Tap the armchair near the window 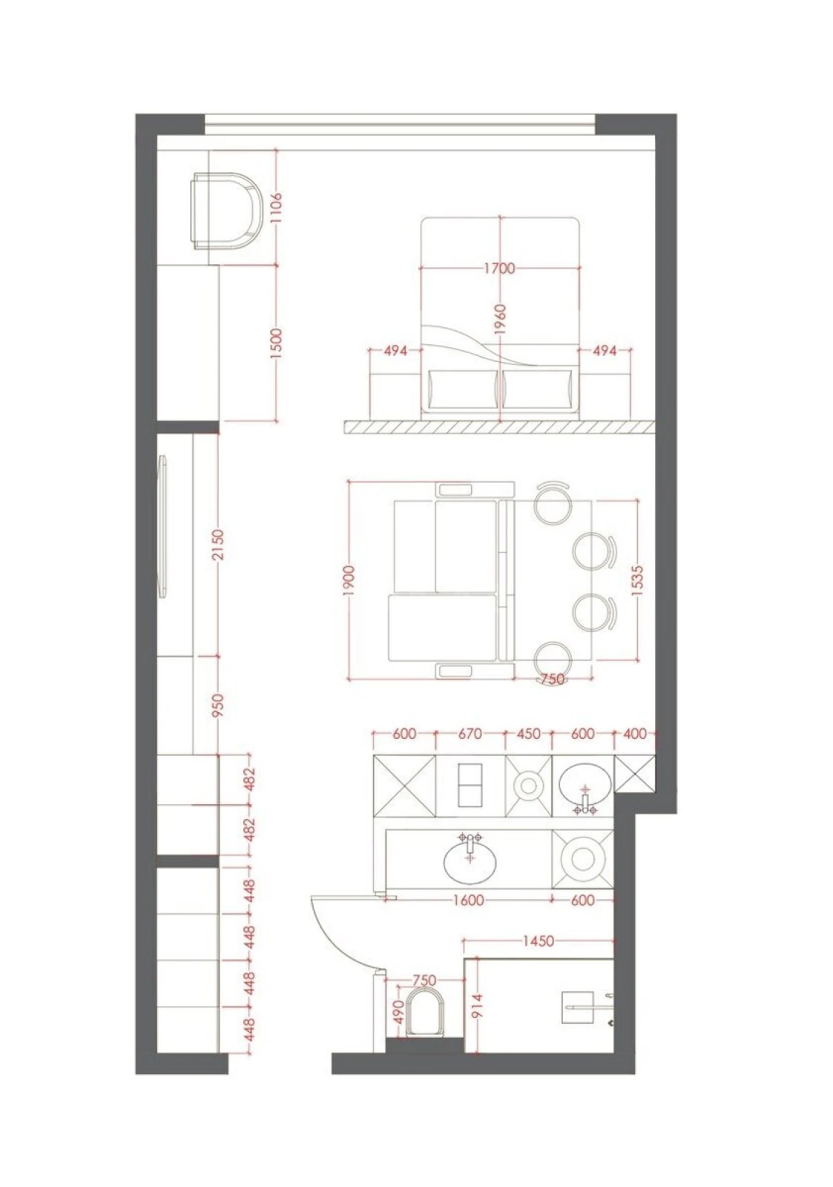pos(227,210)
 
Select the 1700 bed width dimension pos(499,268)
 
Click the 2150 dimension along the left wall pos(217,545)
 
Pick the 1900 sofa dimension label pos(349,580)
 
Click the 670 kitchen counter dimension pos(470,734)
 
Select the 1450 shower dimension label pos(538,941)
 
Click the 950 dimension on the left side pos(217,707)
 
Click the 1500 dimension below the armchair pos(275,343)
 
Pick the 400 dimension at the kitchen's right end pos(635,734)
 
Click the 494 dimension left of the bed pos(395,351)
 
